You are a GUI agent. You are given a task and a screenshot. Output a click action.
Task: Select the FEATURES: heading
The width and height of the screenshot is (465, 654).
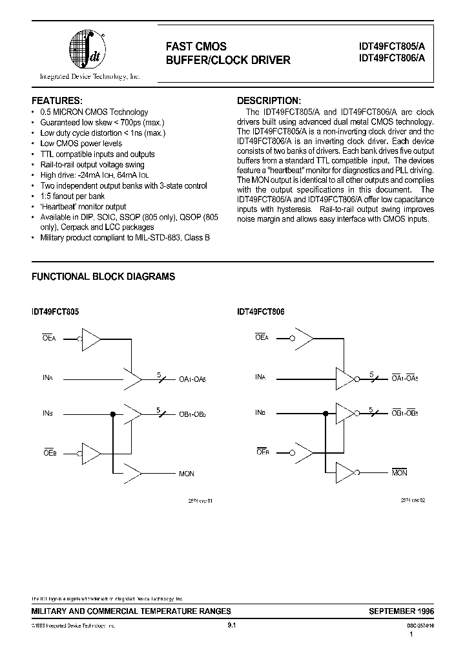click(57, 101)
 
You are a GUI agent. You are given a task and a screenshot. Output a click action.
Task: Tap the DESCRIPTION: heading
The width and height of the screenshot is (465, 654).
click(269, 101)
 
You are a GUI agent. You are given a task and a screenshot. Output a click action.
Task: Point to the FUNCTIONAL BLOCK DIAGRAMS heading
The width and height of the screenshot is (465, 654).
click(103, 277)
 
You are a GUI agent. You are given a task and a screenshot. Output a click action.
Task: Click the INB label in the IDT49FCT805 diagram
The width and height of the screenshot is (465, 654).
click(47, 412)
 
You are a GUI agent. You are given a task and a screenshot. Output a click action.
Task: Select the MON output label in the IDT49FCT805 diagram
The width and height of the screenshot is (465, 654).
click(186, 474)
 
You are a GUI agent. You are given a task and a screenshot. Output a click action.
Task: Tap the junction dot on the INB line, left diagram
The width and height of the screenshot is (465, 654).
click(113, 412)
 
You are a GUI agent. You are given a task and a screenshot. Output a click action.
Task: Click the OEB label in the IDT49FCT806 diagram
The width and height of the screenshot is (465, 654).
click(262, 452)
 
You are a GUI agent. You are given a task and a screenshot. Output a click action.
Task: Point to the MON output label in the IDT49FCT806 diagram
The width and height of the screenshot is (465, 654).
click(399, 474)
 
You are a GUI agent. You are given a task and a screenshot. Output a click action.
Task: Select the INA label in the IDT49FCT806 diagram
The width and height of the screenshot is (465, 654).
click(260, 376)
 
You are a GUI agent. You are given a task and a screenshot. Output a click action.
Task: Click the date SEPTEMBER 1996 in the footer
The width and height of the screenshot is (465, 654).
click(402, 611)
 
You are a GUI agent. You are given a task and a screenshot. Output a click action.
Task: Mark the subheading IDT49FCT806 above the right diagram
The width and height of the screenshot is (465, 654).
click(260, 311)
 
